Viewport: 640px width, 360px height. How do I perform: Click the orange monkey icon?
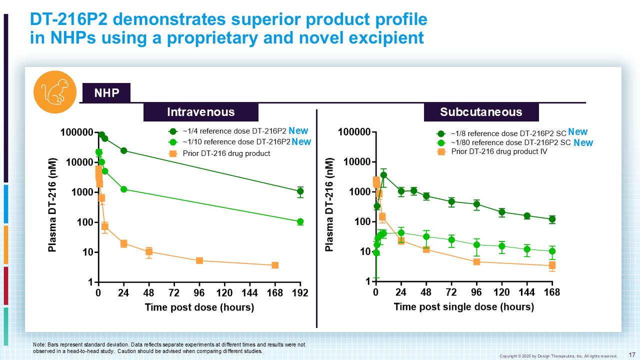point(54,92)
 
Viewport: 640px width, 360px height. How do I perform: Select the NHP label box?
point(106,93)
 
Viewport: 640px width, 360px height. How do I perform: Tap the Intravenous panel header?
point(200,112)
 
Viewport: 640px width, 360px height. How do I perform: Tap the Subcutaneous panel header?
point(481,112)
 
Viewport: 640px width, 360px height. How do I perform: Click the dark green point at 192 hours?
point(300,191)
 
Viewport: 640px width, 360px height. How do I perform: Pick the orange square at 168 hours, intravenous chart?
point(275,265)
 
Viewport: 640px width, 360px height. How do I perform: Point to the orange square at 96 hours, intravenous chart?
point(199,260)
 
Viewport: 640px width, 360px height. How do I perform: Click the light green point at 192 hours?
point(300,221)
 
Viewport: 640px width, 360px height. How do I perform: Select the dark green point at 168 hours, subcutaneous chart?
point(552,219)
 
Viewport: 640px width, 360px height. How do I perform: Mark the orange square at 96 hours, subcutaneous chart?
point(476,261)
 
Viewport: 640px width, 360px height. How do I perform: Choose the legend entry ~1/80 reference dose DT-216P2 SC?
point(510,142)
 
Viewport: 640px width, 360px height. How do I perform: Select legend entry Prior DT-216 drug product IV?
point(498,151)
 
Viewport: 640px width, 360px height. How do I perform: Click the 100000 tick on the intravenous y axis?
point(76,132)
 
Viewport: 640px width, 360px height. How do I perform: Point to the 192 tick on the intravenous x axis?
point(300,292)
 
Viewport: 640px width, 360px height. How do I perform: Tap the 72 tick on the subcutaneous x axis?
point(451,292)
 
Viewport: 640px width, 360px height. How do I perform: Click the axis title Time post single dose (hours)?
point(463,306)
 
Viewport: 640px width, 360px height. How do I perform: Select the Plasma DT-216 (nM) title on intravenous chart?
point(52,205)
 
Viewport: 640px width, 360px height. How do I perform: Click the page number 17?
point(631,354)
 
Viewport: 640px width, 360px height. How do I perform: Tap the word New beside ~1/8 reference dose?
point(577,132)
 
